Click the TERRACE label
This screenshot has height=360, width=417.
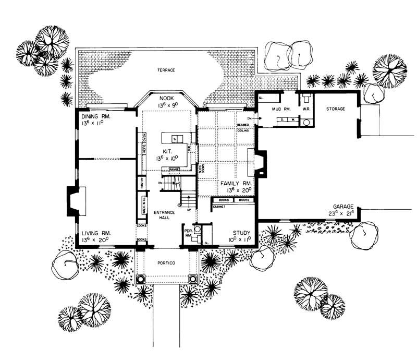[x=167, y=69]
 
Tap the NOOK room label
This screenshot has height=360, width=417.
[x=167, y=98]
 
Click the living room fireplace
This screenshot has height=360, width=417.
[x=72, y=201]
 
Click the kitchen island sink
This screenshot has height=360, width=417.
[x=175, y=138]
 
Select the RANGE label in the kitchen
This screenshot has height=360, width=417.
[x=174, y=169]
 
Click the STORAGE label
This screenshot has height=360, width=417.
[x=337, y=109]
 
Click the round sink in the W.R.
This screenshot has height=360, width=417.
[x=306, y=124]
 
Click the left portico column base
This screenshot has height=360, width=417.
[x=140, y=279]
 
